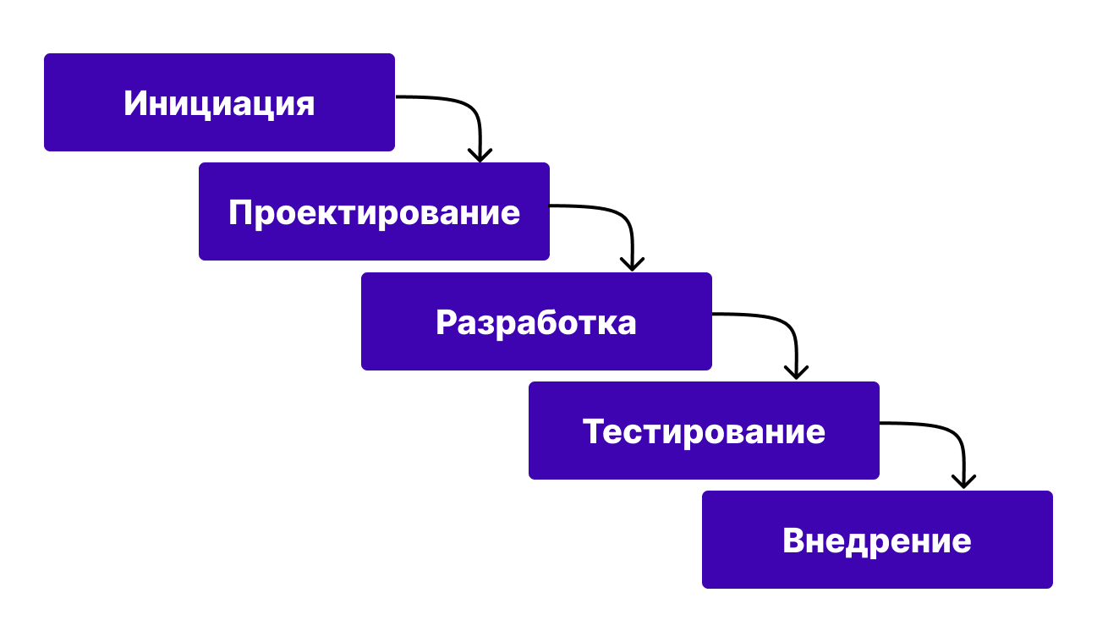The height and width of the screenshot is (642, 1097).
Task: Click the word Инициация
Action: coord(219,103)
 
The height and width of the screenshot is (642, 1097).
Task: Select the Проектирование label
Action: coord(374,212)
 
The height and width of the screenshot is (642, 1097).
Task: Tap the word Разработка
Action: coord(536,322)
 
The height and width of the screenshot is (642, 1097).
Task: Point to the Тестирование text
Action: coord(704,431)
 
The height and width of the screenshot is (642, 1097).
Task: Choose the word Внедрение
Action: coord(877,540)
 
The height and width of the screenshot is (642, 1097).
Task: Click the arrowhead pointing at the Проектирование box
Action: coord(480,155)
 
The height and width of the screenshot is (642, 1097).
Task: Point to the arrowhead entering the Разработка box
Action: coord(632,265)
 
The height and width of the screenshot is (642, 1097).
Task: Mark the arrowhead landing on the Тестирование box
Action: coord(796,373)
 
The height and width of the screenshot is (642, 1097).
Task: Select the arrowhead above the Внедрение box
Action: coord(963,482)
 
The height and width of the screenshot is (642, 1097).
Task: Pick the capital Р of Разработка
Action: coord(447,322)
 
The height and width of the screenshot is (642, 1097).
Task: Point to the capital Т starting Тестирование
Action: coord(593,431)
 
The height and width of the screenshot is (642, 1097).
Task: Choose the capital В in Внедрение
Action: coord(793,540)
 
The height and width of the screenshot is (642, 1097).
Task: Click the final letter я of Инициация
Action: coord(304,105)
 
